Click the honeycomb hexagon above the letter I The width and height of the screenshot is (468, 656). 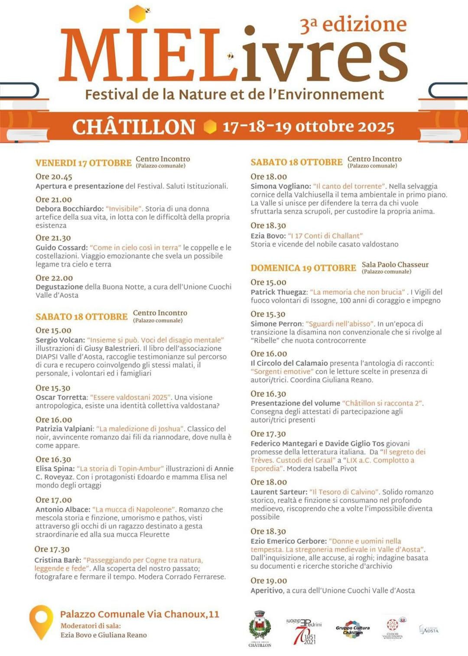click(x=137, y=14)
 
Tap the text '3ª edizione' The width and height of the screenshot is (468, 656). click(x=353, y=25)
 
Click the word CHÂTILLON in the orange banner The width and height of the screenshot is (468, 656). click(x=133, y=127)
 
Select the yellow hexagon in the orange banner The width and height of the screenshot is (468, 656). click(x=210, y=127)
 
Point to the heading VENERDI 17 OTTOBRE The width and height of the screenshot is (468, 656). click(x=83, y=163)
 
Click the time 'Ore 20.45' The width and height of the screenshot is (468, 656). click(x=54, y=176)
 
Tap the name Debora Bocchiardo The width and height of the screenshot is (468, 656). click(x=69, y=209)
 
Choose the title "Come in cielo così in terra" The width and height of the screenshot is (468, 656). click(x=135, y=248)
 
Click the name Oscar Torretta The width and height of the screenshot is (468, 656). click(x=61, y=397)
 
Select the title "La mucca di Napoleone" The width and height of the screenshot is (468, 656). click(x=134, y=509)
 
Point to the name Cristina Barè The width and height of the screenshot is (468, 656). click(x=58, y=560)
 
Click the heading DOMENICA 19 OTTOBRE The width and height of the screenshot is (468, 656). click(x=303, y=268)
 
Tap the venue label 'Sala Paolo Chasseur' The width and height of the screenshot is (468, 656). click(x=395, y=264)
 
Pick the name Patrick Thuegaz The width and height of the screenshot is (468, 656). click(x=279, y=292)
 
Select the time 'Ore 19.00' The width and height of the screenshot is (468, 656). click(x=269, y=581)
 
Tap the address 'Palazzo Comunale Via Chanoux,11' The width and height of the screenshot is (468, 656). click(x=140, y=614)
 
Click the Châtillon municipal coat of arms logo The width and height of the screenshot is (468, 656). click(x=260, y=628)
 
